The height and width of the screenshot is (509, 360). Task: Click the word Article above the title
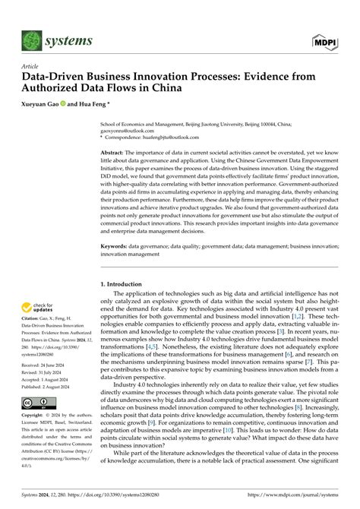(35, 67)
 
